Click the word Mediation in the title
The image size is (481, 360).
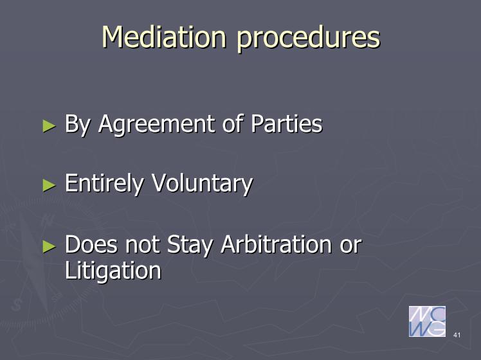[x=165, y=37]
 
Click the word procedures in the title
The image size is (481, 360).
[x=309, y=39]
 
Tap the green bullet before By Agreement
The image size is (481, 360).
[x=49, y=126]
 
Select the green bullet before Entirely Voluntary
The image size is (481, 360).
[x=49, y=185]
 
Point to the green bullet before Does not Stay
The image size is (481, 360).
[x=49, y=247]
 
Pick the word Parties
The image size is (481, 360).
[x=287, y=123]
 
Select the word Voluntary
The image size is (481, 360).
[x=203, y=184]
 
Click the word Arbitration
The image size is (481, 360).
[x=277, y=244]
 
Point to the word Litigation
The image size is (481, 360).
[x=113, y=271]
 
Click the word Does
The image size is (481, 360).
[x=91, y=244]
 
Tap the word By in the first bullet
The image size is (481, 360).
[x=78, y=125]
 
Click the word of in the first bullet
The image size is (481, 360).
[x=233, y=123]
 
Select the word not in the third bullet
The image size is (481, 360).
[x=142, y=245]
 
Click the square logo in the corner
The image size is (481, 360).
[x=427, y=321]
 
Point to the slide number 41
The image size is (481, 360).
[x=457, y=335]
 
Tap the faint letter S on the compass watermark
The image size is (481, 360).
[x=17, y=305]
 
